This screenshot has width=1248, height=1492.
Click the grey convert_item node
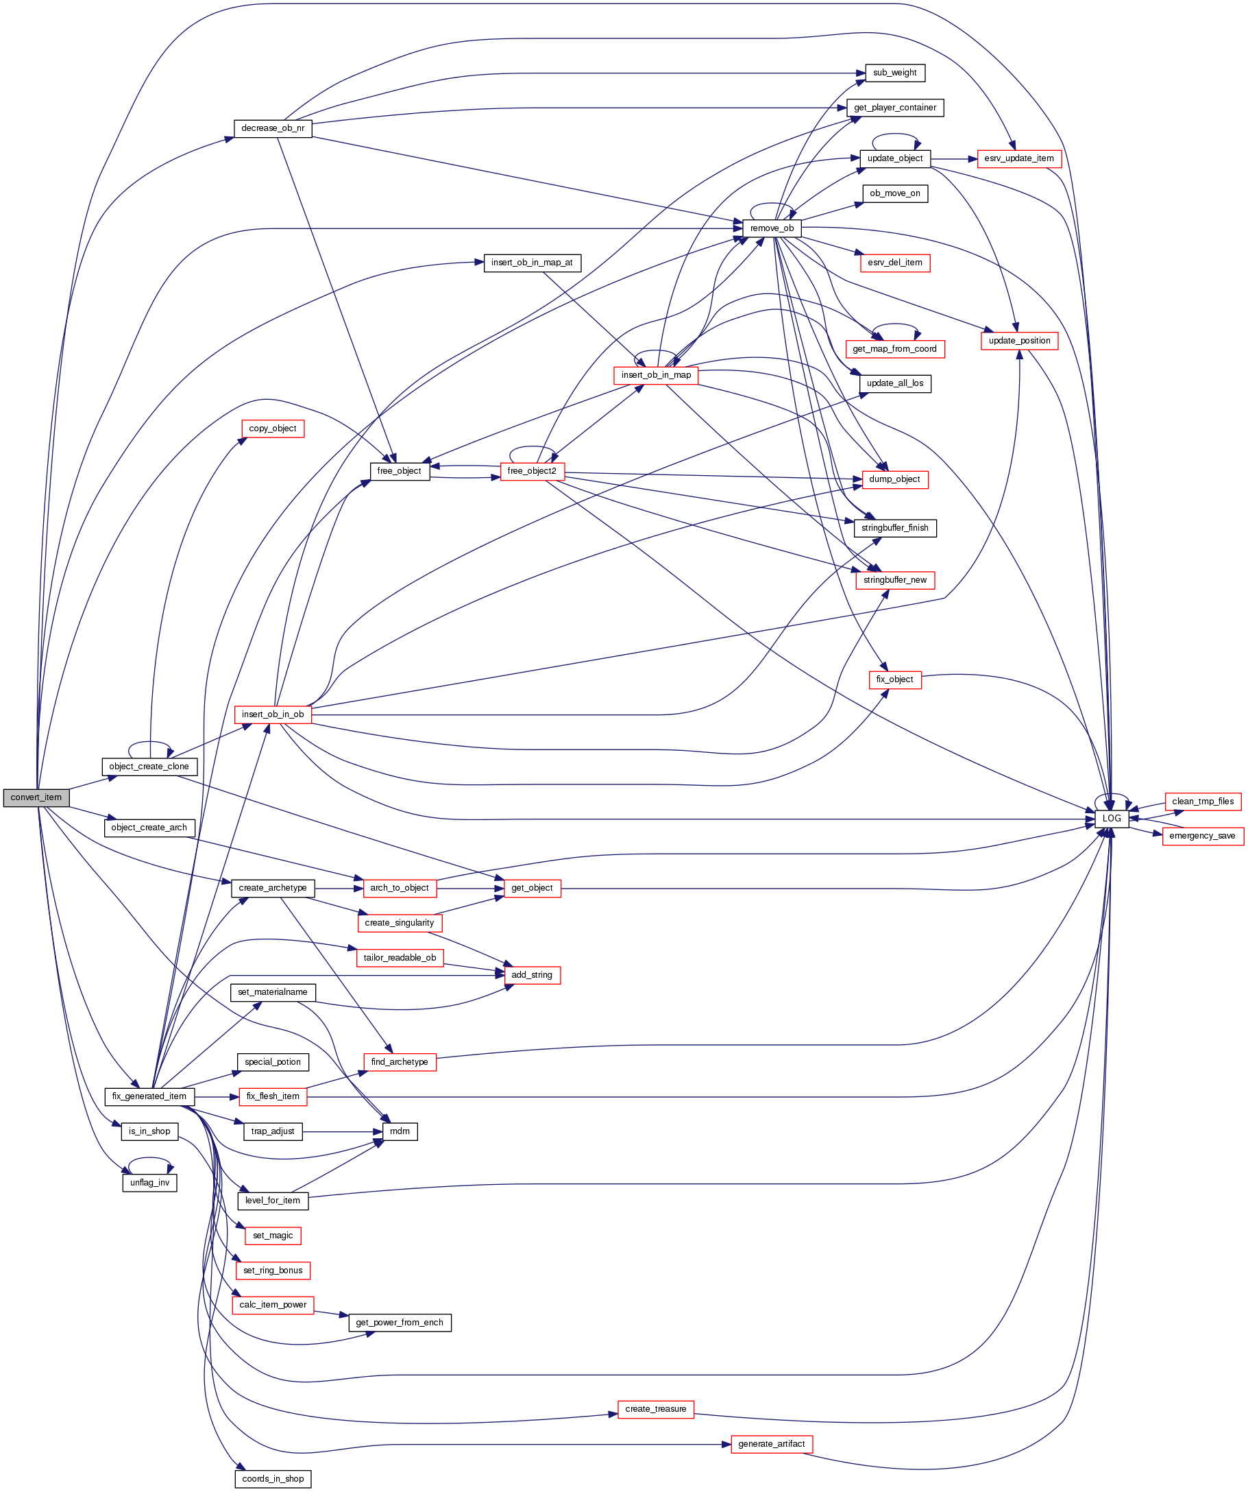click(36, 798)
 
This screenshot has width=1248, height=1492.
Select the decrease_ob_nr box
click(273, 129)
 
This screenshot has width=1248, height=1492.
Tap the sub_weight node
click(894, 73)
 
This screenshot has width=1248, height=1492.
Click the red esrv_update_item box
click(1018, 158)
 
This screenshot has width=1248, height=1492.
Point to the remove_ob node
click(772, 229)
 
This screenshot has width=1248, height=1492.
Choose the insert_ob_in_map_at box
click(532, 263)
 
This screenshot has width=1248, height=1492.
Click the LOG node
click(1111, 819)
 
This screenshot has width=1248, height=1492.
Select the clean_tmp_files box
click(1203, 802)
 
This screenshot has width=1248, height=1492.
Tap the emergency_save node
click(1202, 837)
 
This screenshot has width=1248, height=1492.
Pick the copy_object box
click(273, 429)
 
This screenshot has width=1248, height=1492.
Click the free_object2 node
click(532, 472)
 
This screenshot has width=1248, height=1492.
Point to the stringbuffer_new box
click(894, 581)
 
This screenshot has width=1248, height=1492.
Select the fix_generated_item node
click(149, 1097)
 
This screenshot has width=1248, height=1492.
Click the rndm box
click(400, 1132)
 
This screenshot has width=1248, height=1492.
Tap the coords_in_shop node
click(273, 1479)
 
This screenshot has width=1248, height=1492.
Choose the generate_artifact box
click(772, 1445)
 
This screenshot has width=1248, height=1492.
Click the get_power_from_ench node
click(400, 1323)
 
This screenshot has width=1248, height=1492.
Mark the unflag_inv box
click(150, 1183)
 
